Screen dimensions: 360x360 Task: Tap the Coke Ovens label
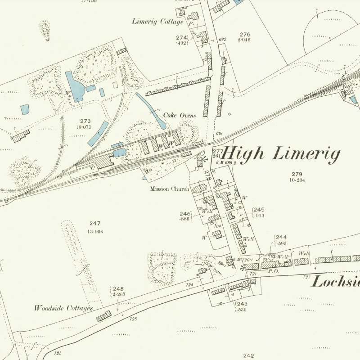pos(180,116)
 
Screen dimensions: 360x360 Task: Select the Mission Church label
pos(170,189)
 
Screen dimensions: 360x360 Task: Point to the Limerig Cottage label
pos(158,22)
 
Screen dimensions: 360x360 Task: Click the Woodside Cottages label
pos(63,309)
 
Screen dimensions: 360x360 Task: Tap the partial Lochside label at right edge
pos(335,282)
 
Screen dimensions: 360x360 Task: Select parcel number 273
pos(86,121)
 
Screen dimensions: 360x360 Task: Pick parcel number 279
pos(297,174)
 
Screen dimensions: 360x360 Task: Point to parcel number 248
pos(118,289)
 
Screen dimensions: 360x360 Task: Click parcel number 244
pos(281,237)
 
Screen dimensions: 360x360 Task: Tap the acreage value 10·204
pos(297,180)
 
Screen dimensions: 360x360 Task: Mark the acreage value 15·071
pos(86,127)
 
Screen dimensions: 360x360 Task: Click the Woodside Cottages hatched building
pos(103,316)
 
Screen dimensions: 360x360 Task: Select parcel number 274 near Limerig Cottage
pos(181,37)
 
